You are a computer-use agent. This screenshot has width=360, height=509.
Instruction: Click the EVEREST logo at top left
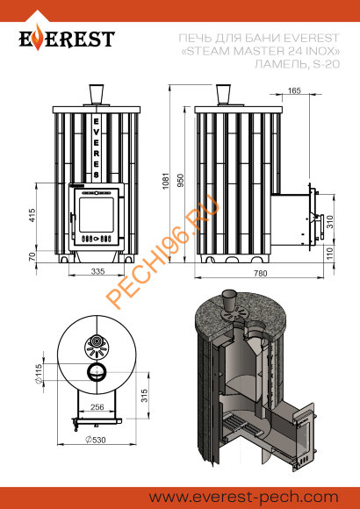point(68,39)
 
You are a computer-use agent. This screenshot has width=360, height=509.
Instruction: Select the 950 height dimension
point(182,180)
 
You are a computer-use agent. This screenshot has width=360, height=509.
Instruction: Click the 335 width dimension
point(97,273)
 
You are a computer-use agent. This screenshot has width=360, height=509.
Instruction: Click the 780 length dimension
point(261,274)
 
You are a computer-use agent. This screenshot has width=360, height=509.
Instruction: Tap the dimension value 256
point(97,406)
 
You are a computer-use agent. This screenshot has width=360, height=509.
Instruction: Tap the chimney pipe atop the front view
point(97,93)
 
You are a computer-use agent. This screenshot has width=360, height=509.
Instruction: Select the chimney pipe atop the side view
point(227,93)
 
